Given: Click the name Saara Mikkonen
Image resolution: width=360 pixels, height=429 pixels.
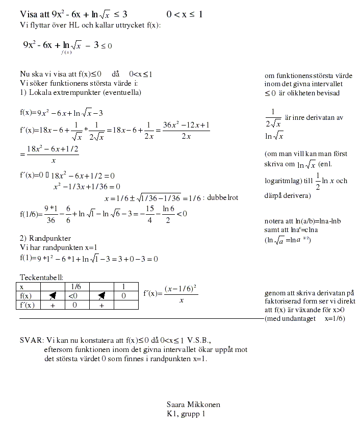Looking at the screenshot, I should click(x=193, y=405).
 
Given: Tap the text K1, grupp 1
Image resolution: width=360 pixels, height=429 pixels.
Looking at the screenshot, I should click(x=186, y=414).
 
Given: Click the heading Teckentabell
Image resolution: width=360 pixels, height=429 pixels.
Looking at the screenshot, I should click(x=41, y=277).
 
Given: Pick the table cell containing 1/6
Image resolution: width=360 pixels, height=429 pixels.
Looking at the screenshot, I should click(x=76, y=287).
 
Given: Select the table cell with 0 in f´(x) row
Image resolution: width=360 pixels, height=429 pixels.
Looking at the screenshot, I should click(x=75, y=305).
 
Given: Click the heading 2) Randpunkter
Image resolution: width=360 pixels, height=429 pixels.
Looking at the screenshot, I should click(x=45, y=238).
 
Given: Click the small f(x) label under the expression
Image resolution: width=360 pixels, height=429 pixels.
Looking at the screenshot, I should click(x=65, y=52).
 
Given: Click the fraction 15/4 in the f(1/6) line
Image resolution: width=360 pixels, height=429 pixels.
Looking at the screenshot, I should click(x=150, y=214).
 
